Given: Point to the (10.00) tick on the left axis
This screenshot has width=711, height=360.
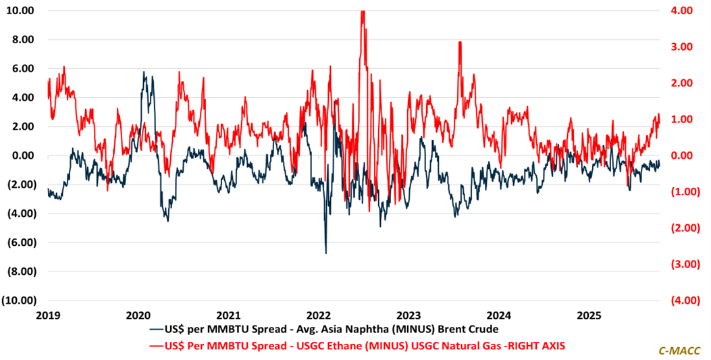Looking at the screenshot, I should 21,300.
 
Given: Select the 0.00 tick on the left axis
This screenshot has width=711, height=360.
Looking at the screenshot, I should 26,155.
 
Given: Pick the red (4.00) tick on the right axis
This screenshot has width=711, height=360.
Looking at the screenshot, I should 677,300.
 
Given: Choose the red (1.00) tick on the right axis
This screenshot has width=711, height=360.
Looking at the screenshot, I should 677,191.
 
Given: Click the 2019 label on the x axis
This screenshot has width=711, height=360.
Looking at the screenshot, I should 48,315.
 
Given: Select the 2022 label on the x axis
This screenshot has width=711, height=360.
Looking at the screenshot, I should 319,315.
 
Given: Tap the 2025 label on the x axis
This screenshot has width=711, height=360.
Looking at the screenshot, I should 589,315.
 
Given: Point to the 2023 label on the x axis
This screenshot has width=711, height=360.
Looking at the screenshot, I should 409,315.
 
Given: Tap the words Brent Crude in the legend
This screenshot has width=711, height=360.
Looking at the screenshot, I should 467,330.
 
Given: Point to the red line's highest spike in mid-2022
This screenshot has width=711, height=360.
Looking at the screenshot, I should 363,11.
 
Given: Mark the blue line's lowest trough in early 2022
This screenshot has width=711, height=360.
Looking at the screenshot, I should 326,253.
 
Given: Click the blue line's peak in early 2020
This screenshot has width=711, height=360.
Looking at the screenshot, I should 144,72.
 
